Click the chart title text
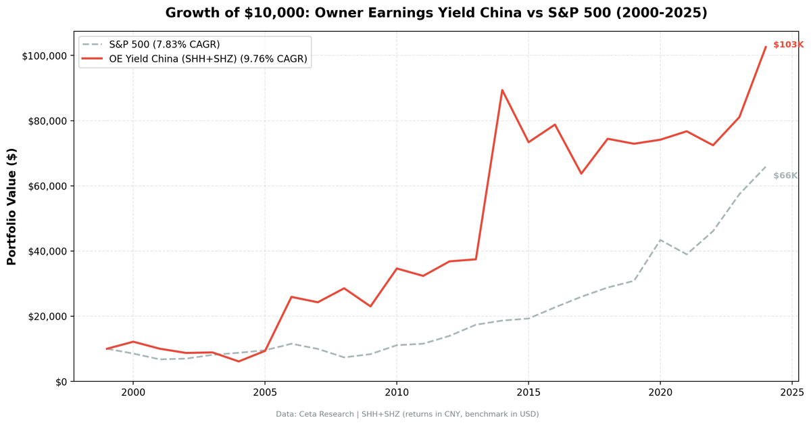click(x=436, y=13)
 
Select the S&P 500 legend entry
click(x=164, y=45)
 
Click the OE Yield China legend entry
click(x=207, y=60)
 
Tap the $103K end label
click(x=787, y=45)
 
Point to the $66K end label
click(x=785, y=176)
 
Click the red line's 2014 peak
click(x=502, y=90)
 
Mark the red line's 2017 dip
click(x=581, y=173)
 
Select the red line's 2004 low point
click(x=238, y=361)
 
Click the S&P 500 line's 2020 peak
click(x=660, y=240)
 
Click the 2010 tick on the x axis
click(x=396, y=392)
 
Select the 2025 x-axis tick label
click(x=791, y=392)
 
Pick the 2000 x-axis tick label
click(x=132, y=392)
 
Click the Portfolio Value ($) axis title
click(x=11, y=206)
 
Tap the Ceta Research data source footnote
click(x=407, y=414)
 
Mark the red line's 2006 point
click(x=291, y=296)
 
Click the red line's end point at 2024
click(x=765, y=47)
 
